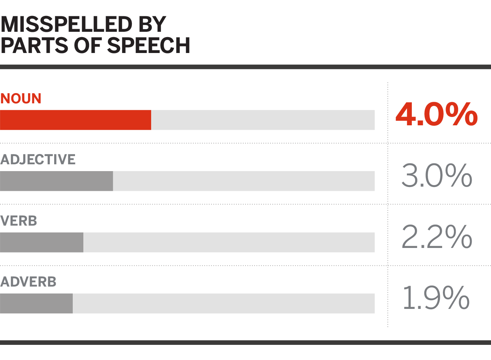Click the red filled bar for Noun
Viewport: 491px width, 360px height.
tap(75, 120)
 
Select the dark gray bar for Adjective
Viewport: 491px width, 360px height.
tap(56, 181)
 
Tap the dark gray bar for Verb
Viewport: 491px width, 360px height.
tap(42, 242)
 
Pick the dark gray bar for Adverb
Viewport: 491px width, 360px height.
tap(36, 303)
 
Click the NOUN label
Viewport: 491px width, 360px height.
tap(21, 99)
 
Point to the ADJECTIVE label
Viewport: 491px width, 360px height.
tap(38, 159)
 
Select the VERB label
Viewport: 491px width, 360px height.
tap(19, 221)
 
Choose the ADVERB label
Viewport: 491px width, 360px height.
tap(28, 282)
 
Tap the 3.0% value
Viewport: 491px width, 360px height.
tap(436, 176)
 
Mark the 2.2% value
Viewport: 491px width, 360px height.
tap(436, 237)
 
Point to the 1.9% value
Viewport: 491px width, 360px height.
tap(436, 298)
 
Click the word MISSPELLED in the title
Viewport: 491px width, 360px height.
tap(66, 25)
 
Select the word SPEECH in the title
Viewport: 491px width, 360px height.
tap(149, 45)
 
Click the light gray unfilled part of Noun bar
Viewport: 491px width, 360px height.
tap(263, 120)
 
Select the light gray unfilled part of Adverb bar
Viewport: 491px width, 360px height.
tap(224, 303)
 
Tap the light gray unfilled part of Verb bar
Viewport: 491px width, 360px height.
tap(229, 242)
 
